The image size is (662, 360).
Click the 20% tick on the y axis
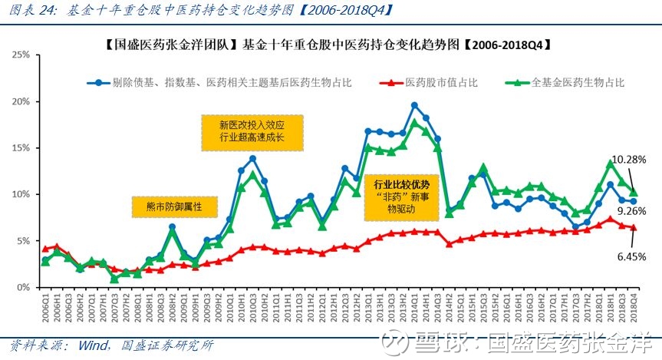[21, 101]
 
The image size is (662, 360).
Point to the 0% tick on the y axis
[23, 288]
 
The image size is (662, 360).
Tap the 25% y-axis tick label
[21, 55]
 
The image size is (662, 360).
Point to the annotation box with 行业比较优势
[401, 197]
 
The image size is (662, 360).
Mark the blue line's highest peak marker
[414, 105]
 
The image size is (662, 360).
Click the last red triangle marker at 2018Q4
[634, 227]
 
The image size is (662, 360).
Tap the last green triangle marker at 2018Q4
[634, 192]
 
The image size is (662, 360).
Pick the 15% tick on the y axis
[21, 148]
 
